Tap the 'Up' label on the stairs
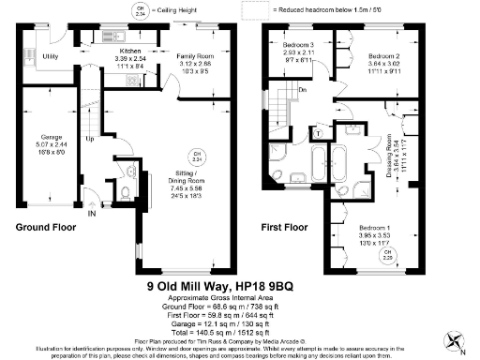point(89,140)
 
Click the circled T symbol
point(318,132)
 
